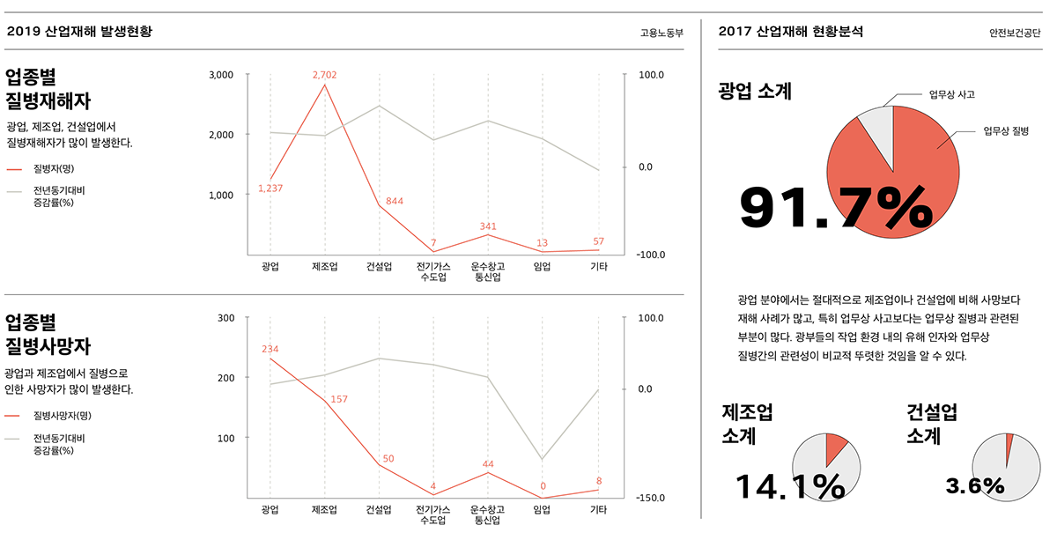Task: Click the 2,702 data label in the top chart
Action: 324,75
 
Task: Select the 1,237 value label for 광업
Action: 270,189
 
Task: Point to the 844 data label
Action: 394,202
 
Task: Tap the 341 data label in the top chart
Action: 488,226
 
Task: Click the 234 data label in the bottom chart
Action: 270,350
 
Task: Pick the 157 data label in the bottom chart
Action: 338,400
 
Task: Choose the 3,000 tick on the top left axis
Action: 221,75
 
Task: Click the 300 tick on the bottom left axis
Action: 226,318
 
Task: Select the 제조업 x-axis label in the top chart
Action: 324,266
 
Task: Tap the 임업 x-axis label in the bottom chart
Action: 543,509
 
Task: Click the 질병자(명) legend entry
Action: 53,168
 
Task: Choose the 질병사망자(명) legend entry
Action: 62,416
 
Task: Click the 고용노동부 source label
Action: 662,33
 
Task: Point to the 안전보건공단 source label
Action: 1015,33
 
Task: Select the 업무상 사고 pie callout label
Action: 952,93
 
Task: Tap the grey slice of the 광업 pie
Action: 876,124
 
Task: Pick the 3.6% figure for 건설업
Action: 974,485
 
